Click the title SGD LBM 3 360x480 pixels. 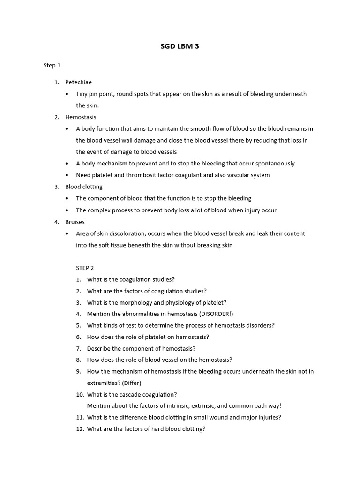point(180,46)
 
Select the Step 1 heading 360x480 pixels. point(52,66)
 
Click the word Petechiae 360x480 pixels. point(79,82)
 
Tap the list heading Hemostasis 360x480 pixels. point(81,117)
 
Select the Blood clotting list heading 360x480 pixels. point(84,187)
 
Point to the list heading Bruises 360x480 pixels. point(75,222)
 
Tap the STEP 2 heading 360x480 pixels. point(85,268)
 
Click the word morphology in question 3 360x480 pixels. point(136,303)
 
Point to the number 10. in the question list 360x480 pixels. point(80,395)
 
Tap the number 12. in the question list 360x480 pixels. point(80,429)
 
